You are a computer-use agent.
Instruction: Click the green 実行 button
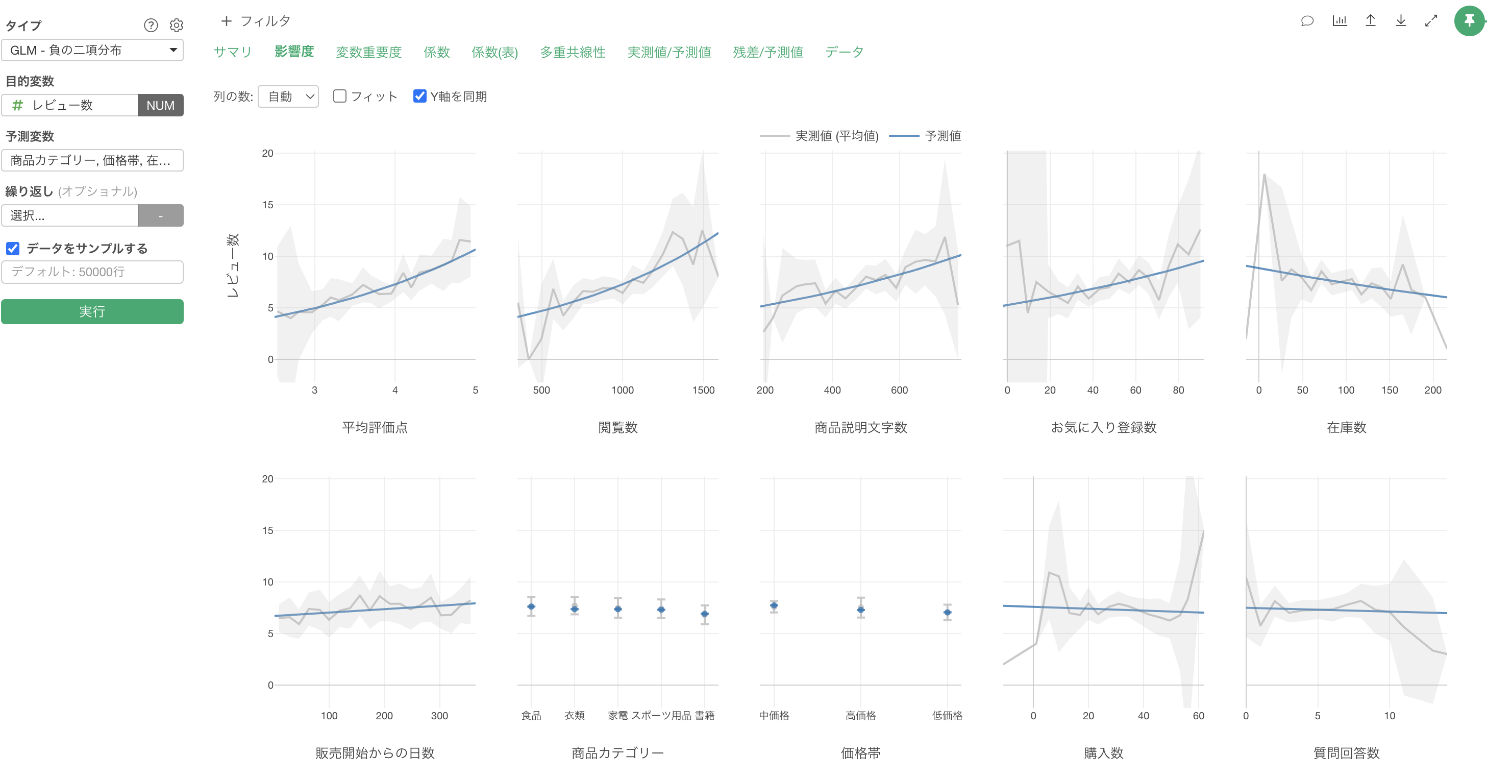92,311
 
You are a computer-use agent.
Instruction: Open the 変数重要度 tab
368,52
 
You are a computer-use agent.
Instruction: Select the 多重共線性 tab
573,52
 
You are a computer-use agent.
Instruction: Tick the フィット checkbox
340,96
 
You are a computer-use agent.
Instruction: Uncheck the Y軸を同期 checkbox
419,96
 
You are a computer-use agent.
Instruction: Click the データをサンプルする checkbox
13,248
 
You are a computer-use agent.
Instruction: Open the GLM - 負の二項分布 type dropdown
92,50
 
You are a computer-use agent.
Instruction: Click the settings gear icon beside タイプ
177,26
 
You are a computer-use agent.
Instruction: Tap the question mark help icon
151,26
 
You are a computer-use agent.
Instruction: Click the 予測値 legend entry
925,136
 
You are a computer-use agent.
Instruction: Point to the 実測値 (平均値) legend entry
819,136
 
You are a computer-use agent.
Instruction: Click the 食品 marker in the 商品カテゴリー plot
531,606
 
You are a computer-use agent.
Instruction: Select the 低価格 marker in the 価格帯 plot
947,612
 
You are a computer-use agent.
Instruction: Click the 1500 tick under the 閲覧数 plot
703,391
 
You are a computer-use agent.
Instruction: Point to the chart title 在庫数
1346,427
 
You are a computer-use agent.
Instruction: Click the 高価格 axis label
861,716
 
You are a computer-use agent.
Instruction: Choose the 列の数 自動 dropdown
288,96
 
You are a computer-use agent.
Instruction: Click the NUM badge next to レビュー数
160,105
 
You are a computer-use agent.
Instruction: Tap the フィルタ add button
256,21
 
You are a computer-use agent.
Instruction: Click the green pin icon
1469,21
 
